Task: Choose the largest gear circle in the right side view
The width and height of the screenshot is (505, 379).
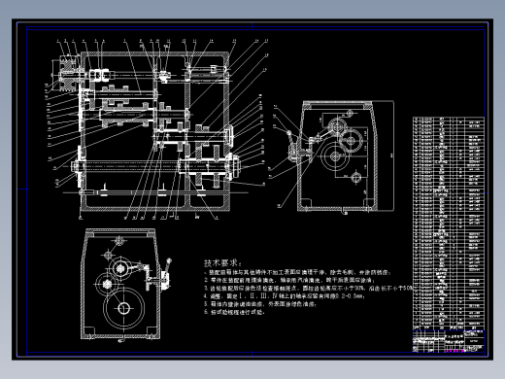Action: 335,159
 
